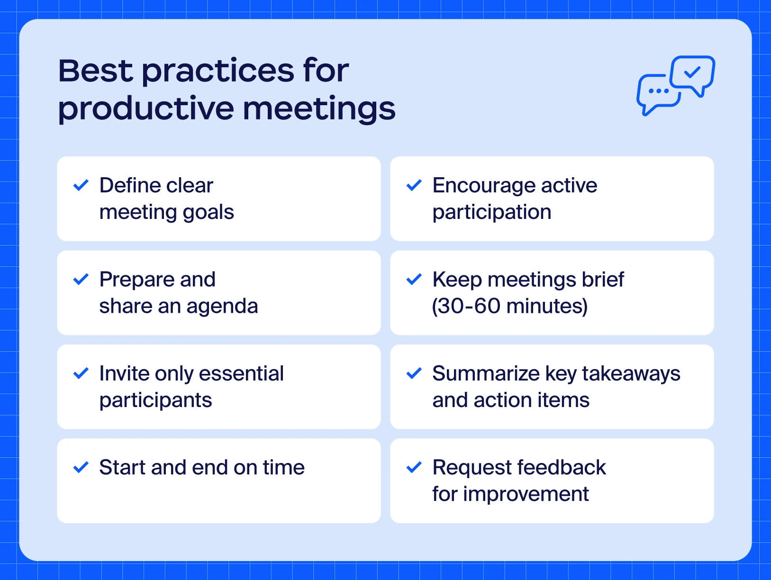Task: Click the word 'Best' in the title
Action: (96, 71)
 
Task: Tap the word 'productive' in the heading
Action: (145, 109)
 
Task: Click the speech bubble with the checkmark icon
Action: (693, 73)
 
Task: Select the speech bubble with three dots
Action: (658, 93)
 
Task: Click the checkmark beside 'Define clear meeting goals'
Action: (81, 185)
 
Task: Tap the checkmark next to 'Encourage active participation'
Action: (414, 185)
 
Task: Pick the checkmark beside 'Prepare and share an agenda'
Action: (81, 280)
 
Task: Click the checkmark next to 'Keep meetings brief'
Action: (414, 280)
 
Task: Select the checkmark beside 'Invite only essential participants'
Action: (81, 373)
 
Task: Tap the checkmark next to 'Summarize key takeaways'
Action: (414, 373)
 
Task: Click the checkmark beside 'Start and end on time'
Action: (81, 468)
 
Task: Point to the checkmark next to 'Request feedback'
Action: (414, 468)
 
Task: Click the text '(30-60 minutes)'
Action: (509, 306)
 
